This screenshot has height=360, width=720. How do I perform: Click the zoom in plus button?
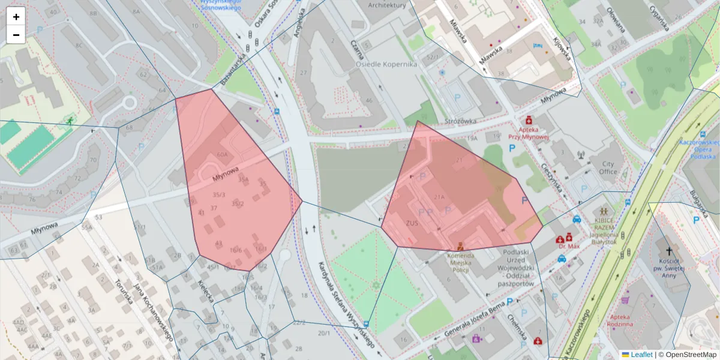pyautogui.click(x=16, y=17)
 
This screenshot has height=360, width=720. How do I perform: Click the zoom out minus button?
pyautogui.click(x=16, y=35)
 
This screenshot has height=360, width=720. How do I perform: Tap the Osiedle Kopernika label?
pyautogui.click(x=386, y=64)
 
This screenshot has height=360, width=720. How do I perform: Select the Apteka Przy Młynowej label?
pyautogui.click(x=529, y=133)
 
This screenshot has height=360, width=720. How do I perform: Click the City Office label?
pyautogui.click(x=608, y=167)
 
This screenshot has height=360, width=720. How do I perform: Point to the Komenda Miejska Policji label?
pyautogui.click(x=460, y=260)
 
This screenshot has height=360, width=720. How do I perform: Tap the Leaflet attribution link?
pyautogui.click(x=641, y=355)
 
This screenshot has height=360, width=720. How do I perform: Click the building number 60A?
pyautogui.click(x=223, y=154)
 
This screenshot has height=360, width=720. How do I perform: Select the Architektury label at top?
pyautogui.click(x=387, y=5)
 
